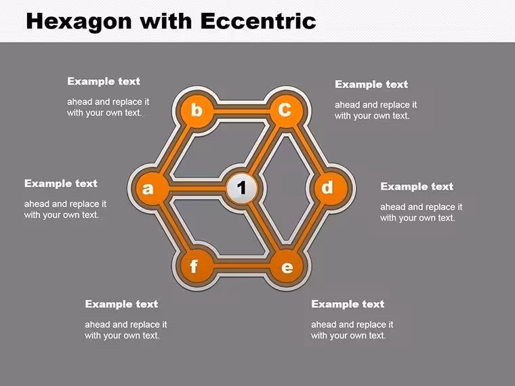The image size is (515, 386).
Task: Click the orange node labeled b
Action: [x=197, y=110]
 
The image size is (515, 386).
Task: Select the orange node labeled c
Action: [x=286, y=110]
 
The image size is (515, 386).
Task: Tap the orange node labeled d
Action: [x=331, y=188]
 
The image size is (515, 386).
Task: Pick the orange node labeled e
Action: [x=286, y=266]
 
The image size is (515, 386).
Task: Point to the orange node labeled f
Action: [x=197, y=266]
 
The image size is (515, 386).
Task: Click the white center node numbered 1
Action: [x=241, y=188]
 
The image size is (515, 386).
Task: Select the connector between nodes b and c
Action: [x=241, y=111]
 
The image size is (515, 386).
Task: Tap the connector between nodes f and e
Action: [x=241, y=266]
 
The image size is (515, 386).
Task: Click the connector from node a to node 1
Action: [x=198, y=188]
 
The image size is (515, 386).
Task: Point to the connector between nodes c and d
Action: [x=309, y=149]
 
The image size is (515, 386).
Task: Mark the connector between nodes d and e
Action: [x=309, y=227]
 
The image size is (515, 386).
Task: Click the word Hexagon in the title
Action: [x=79, y=22]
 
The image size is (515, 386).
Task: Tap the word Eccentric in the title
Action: [x=258, y=21]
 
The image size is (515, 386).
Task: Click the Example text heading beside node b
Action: [x=104, y=81]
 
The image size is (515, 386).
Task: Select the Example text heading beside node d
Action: [x=417, y=186]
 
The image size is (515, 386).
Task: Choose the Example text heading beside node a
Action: [x=61, y=183]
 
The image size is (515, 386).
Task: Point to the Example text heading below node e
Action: [x=348, y=304]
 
